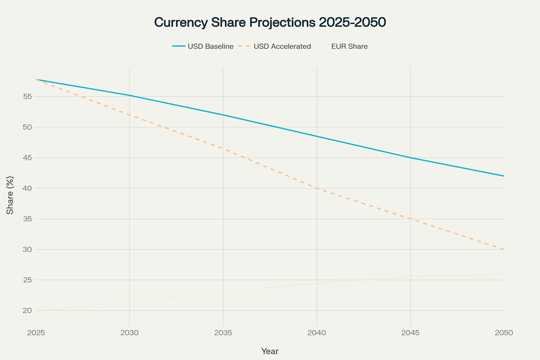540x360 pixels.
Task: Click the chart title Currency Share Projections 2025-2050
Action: point(270,22)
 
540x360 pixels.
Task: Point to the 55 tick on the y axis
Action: point(27,96)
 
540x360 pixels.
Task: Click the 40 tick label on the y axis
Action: point(27,188)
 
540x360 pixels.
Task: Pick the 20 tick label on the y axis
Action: point(27,310)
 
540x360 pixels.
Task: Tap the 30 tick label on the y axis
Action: point(27,249)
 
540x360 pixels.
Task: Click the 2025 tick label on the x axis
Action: point(36,333)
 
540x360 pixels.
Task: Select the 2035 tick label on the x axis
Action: point(223,333)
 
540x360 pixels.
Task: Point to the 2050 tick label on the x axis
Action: point(504,333)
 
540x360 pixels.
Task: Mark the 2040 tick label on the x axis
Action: point(317,333)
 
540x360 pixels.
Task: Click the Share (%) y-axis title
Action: point(10,195)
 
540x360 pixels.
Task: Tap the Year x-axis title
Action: point(270,351)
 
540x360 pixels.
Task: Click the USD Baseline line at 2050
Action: point(503,176)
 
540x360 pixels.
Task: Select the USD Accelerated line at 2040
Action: point(317,188)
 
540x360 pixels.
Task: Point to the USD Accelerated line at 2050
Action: point(503,249)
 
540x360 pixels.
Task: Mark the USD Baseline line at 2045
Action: point(410,157)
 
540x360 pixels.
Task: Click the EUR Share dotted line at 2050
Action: point(503,274)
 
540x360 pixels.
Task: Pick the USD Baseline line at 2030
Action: point(129,95)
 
